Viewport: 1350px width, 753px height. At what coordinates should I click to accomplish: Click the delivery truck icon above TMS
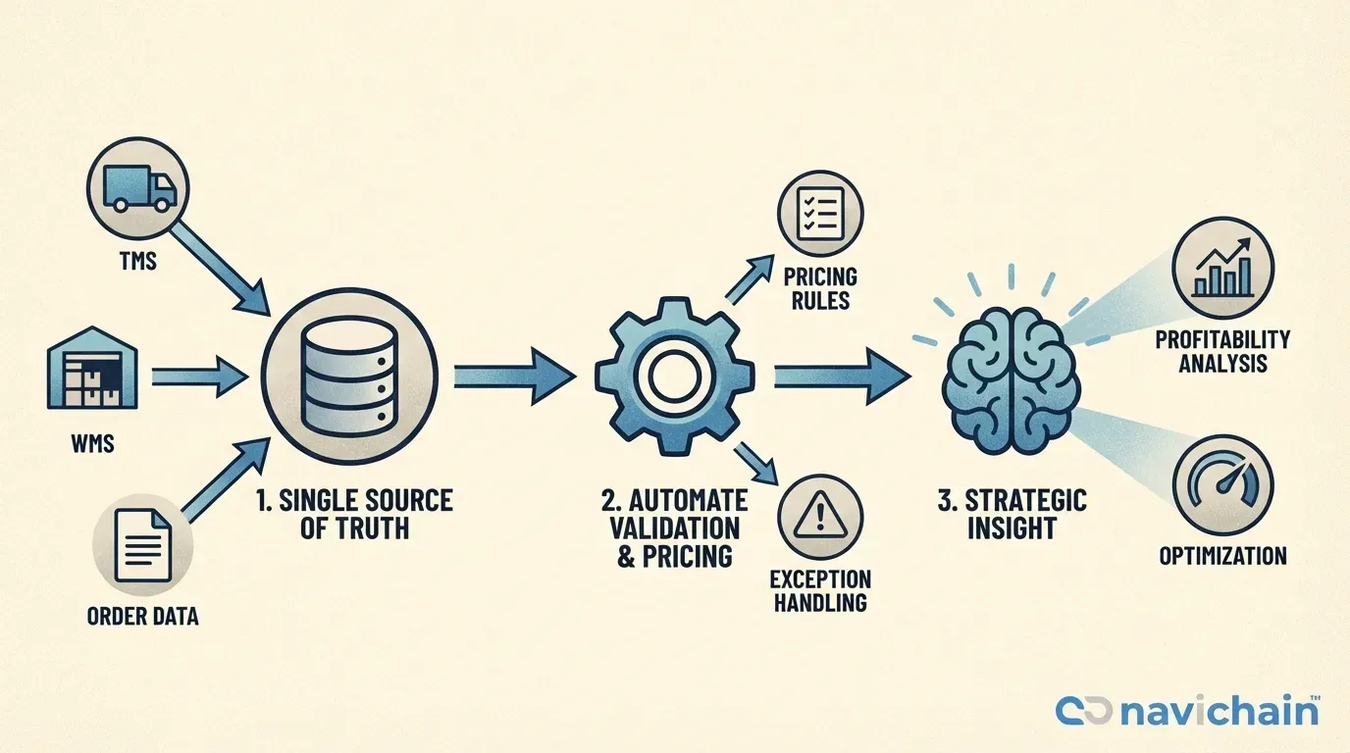click(139, 187)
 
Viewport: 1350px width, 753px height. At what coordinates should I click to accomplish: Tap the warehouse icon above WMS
click(92, 368)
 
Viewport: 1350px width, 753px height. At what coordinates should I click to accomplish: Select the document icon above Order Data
click(143, 545)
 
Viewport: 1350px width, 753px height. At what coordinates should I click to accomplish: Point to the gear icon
click(674, 376)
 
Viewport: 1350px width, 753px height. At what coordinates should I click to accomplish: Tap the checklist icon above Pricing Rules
click(819, 214)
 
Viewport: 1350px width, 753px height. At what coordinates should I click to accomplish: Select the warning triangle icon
click(819, 516)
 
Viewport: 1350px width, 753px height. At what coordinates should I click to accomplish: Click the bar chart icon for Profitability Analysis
click(1223, 267)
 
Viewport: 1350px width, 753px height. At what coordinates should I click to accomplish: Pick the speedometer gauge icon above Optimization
click(1223, 485)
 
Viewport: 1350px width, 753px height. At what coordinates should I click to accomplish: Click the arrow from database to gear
click(514, 376)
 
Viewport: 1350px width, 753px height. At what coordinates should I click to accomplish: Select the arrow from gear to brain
click(842, 376)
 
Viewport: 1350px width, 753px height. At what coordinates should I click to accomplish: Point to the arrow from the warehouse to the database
click(199, 377)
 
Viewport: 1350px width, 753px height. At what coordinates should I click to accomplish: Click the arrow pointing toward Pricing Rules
click(750, 278)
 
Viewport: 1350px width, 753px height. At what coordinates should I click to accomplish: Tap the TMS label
click(138, 262)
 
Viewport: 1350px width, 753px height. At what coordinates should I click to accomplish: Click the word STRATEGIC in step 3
click(1026, 501)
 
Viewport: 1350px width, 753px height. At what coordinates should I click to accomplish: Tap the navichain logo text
click(1220, 712)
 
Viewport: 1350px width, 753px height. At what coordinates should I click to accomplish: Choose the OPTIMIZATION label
click(1222, 555)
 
